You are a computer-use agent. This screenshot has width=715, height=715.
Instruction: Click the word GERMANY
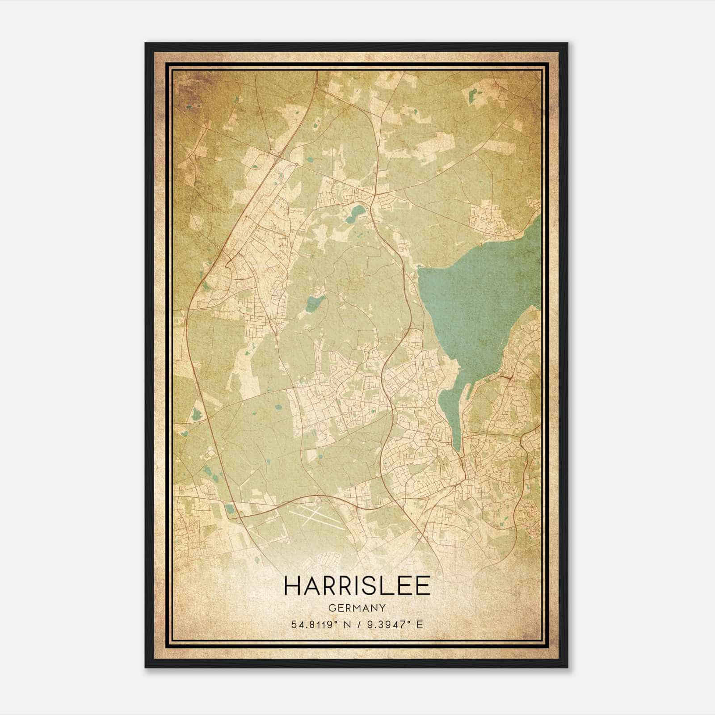click(x=357, y=608)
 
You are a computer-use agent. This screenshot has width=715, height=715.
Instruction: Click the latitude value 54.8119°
click(x=312, y=625)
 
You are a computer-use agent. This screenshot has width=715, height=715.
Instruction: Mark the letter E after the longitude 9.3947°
click(x=419, y=625)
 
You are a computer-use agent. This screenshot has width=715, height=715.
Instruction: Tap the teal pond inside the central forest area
click(x=313, y=304)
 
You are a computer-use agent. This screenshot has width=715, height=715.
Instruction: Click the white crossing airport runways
click(x=318, y=517)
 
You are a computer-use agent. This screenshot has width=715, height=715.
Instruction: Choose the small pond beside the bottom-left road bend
click(x=230, y=508)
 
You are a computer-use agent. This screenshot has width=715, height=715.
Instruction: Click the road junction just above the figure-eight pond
click(x=374, y=195)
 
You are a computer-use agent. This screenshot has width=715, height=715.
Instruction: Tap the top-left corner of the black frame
click(x=146, y=44)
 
